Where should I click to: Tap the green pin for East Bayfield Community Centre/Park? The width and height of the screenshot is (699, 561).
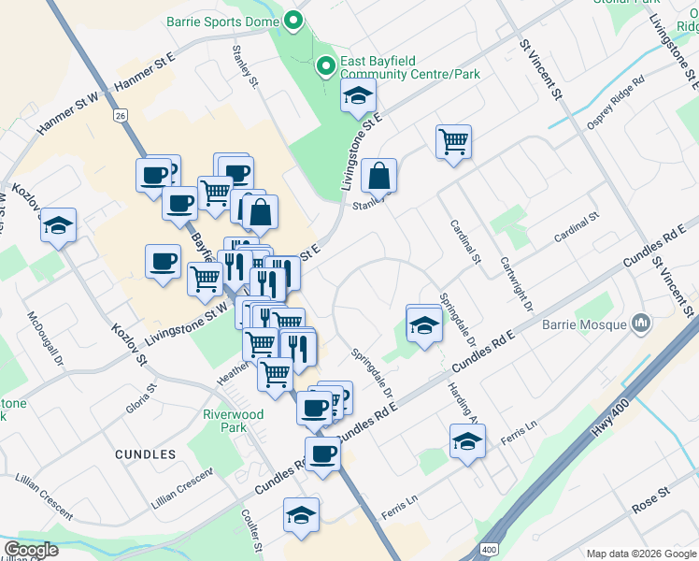(326, 65)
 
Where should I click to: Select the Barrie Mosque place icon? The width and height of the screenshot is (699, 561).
(641, 324)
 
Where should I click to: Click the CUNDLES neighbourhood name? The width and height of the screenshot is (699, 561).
(145, 453)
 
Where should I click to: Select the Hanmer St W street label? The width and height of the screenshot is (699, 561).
(67, 112)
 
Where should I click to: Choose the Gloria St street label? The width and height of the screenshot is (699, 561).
(142, 399)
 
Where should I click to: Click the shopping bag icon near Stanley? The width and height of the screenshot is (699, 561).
(378, 175)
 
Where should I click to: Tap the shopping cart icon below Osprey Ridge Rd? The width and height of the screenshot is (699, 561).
(453, 142)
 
